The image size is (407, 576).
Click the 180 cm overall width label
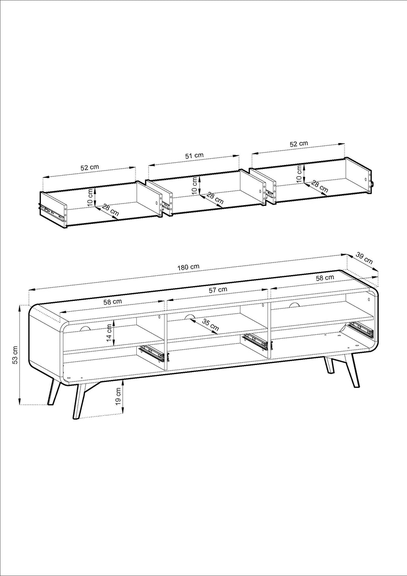point(188,267)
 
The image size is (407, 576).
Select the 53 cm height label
point(15,355)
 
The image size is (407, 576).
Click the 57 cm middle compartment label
point(218,290)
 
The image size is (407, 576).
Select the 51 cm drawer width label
point(194,156)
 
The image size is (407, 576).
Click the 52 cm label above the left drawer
point(90,167)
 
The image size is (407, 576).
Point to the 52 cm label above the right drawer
point(299,144)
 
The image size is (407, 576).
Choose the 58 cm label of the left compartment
point(112,302)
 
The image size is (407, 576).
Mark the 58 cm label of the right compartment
point(325,278)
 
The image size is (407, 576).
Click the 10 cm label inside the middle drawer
point(195,185)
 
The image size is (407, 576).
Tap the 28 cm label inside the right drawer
point(319,187)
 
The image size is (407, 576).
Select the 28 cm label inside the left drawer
point(110,210)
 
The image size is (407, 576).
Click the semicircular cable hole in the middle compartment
point(190,316)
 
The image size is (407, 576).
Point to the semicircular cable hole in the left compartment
point(85,329)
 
